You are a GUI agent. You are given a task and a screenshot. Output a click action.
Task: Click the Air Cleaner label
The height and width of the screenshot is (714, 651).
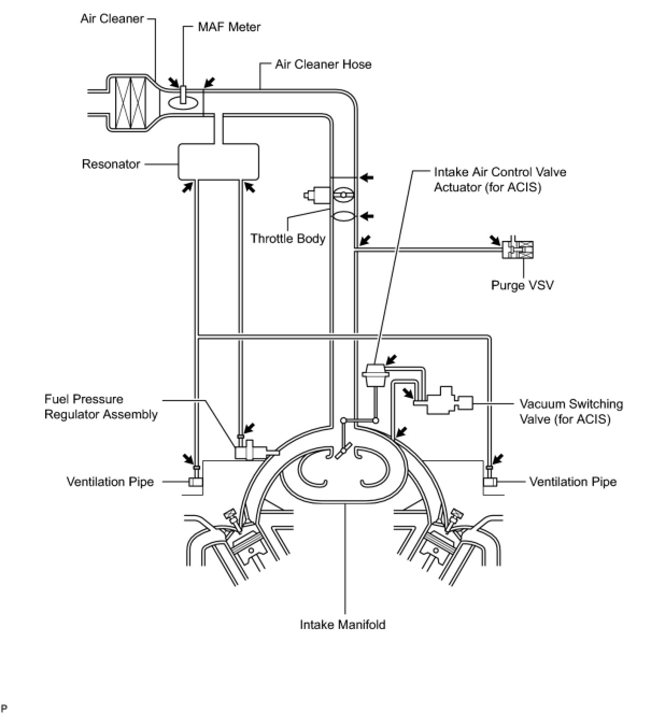click(112, 19)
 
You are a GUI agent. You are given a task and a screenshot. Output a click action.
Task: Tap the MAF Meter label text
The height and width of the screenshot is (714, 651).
click(229, 27)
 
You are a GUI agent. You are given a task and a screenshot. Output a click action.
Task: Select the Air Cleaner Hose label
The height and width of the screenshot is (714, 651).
click(323, 65)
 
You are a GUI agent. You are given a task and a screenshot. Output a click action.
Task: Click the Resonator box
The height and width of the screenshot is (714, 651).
click(218, 161)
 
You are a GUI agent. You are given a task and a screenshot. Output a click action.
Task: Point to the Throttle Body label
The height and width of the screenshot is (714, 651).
click(288, 238)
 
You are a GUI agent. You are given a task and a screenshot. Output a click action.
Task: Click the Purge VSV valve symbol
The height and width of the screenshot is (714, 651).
click(519, 249)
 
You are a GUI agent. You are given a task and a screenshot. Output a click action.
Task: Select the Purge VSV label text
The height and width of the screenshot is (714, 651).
click(522, 284)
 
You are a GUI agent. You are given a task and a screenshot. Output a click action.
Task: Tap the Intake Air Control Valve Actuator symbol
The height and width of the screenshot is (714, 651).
click(376, 374)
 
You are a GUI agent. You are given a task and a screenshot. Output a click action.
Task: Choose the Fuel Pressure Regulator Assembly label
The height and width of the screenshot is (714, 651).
click(101, 406)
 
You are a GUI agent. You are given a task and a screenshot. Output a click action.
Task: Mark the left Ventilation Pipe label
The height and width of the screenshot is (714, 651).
click(110, 482)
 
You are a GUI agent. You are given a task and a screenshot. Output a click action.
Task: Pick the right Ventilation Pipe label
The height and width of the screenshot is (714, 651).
click(572, 482)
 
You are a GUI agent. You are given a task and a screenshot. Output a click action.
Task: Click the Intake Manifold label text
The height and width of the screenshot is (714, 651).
click(342, 625)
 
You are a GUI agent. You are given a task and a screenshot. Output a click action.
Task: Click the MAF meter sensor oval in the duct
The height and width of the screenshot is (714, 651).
click(183, 101)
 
